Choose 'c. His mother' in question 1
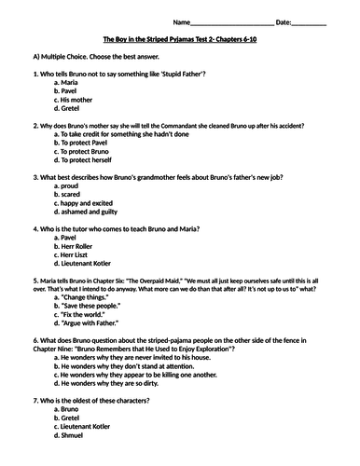(79, 100)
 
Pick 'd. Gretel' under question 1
(74, 108)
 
